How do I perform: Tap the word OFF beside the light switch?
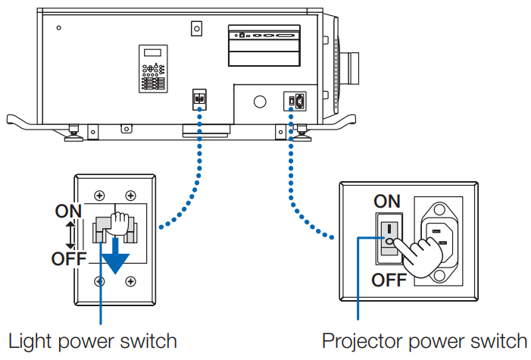click(69, 259)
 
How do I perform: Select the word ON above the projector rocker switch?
click(387, 201)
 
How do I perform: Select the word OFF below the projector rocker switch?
click(389, 280)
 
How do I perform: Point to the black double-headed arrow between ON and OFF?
click(69, 235)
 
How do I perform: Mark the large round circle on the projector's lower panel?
click(260, 102)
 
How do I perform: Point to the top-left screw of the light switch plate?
click(99, 196)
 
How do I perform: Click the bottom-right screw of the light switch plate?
click(131, 280)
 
